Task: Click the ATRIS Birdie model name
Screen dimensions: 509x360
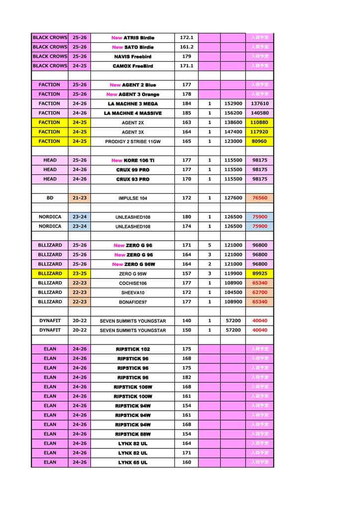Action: (133, 38)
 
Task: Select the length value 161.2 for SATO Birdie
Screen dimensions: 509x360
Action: (186, 47)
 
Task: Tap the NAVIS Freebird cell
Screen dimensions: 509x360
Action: (133, 57)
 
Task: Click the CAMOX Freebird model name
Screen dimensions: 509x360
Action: (133, 66)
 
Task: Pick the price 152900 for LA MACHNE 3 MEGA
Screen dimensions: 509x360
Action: (233, 104)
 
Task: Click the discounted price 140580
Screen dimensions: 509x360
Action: (260, 113)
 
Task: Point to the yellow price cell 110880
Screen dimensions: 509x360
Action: (260, 123)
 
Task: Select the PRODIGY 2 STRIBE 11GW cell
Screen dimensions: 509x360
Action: (133, 142)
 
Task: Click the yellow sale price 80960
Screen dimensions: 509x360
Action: (260, 142)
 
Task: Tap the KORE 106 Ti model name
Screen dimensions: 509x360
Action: (133, 161)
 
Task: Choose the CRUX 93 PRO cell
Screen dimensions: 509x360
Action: (133, 179)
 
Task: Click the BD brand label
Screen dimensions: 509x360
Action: (50, 198)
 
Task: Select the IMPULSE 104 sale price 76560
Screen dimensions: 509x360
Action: (260, 198)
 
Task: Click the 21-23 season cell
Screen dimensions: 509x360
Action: (80, 198)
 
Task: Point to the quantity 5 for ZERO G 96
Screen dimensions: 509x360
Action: (209, 246)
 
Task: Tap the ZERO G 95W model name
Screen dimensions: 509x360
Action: (133, 274)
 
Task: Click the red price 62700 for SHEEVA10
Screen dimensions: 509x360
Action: (260, 293)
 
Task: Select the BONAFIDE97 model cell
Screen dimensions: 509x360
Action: (133, 302)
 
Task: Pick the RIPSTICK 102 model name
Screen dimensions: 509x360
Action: (133, 349)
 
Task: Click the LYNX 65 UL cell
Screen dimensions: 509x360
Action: (133, 463)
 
